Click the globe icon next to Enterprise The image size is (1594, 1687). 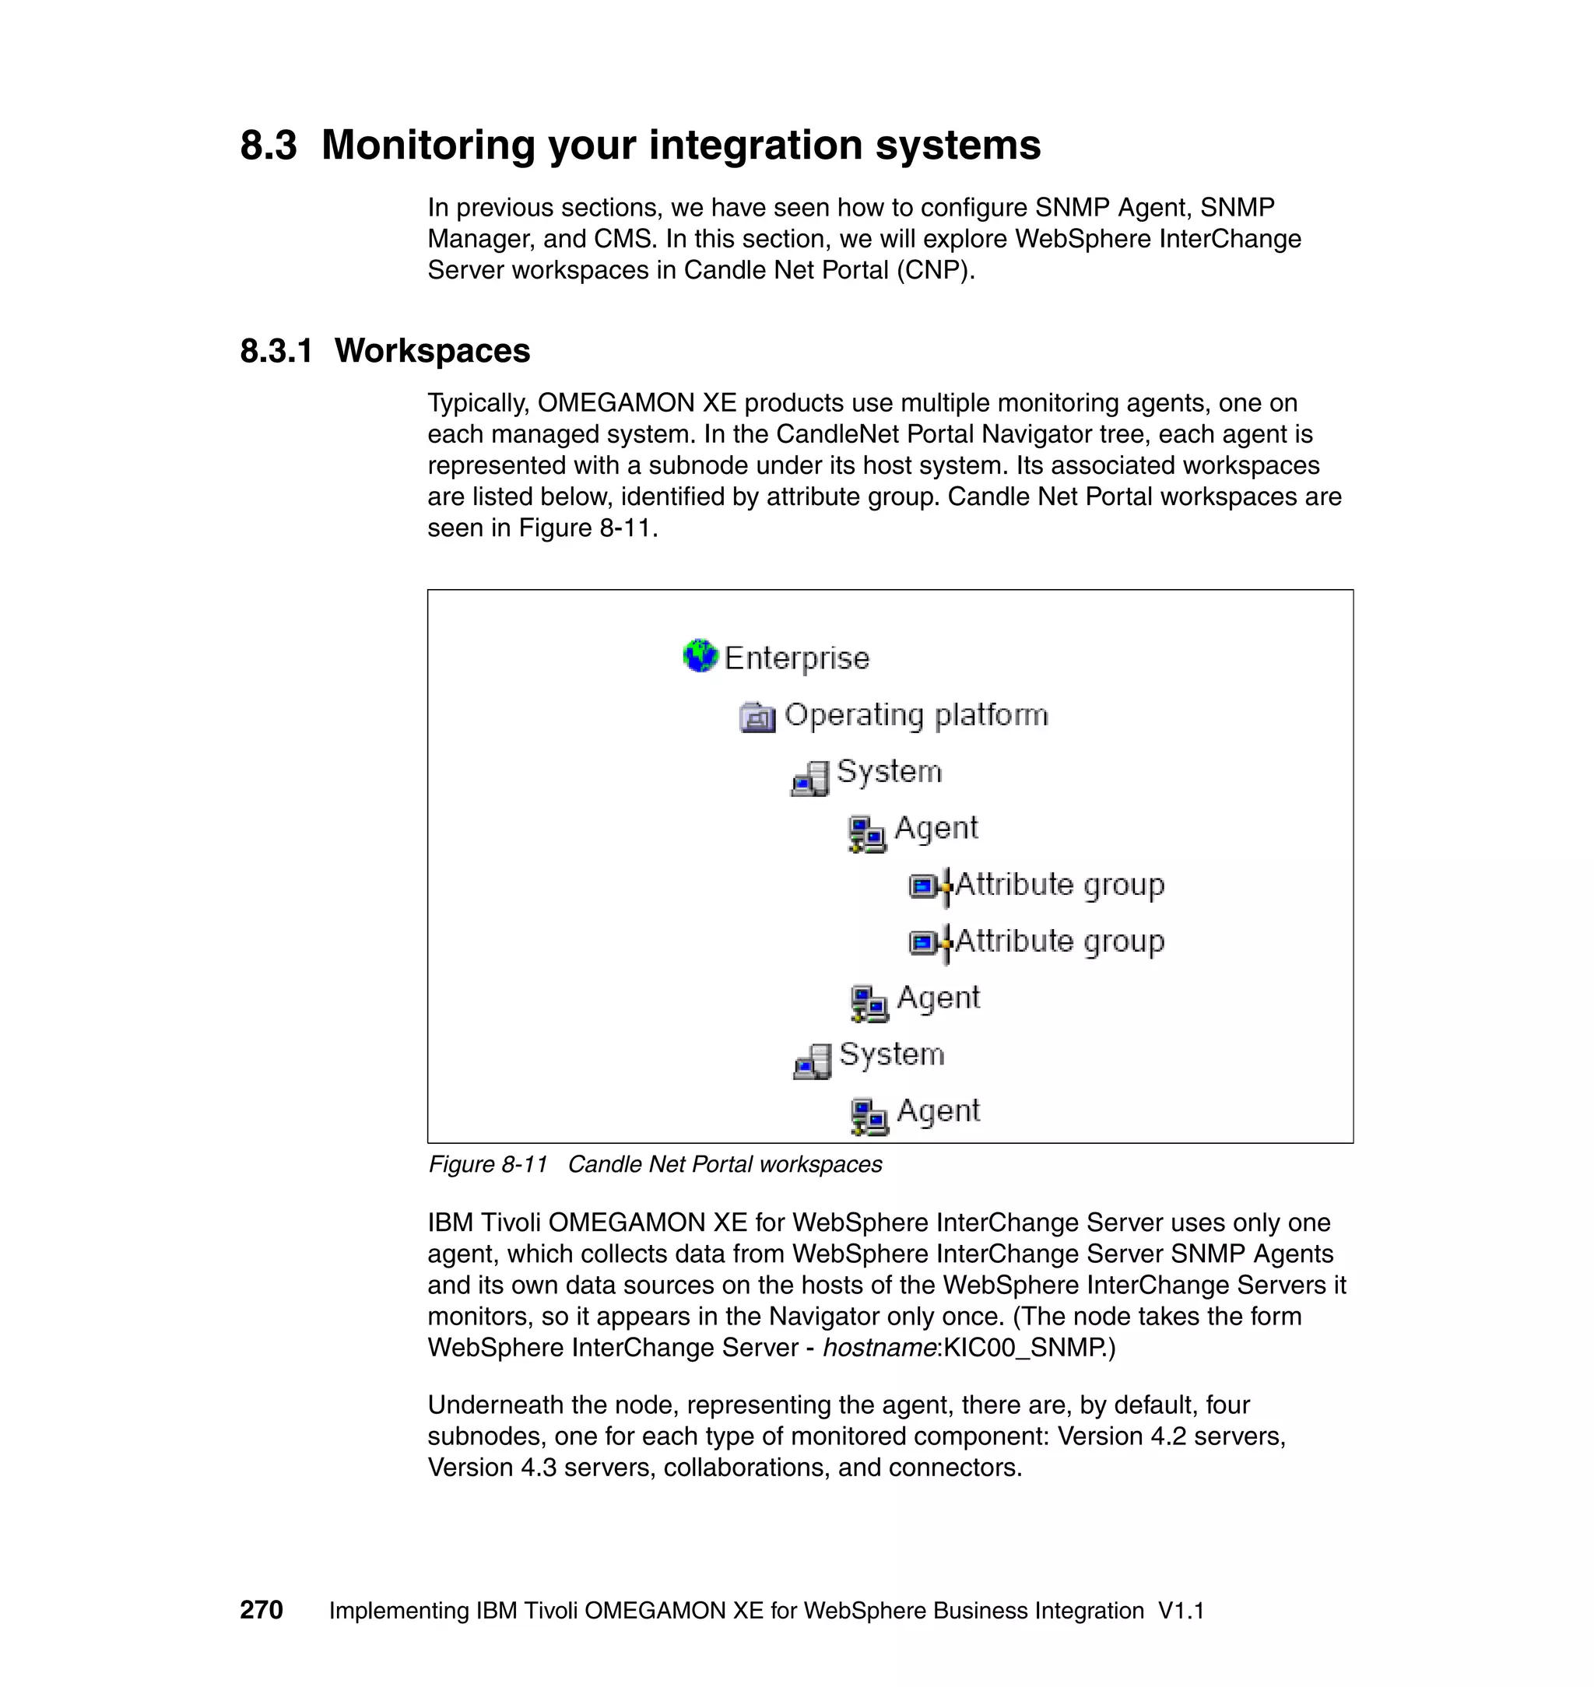(700, 656)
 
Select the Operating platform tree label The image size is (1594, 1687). (916, 714)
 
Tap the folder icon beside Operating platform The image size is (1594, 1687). (757, 717)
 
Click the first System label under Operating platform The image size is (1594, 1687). (889, 771)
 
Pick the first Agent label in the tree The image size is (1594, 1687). (936, 827)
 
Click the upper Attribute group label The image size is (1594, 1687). (1059, 884)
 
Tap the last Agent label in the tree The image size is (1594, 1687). (938, 1110)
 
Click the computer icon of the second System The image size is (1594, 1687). (813, 1061)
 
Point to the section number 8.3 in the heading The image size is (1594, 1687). (269, 146)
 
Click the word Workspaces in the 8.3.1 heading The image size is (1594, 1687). (432, 351)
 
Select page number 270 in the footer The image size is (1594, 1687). (261, 1610)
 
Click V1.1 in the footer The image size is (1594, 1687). (1181, 1611)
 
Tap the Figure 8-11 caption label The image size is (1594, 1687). (488, 1164)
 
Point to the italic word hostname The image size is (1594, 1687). (879, 1347)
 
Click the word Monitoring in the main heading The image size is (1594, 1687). (429, 146)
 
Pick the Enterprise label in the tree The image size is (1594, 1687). (796, 658)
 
